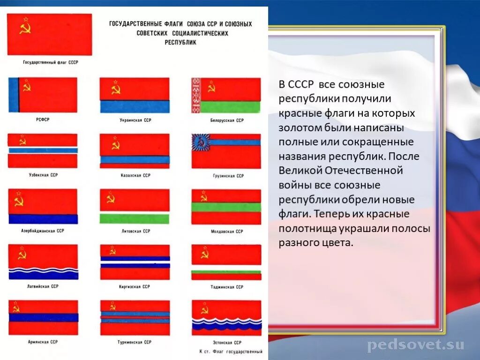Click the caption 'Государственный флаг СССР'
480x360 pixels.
tap(51, 62)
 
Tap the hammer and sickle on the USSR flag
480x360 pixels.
tap(24, 28)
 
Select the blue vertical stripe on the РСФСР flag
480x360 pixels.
tap(13, 95)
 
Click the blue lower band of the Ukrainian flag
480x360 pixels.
tap(134, 106)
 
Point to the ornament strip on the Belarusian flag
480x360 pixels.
tap(196, 95)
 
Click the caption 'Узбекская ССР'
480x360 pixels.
tap(43, 175)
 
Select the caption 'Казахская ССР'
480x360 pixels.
tap(135, 175)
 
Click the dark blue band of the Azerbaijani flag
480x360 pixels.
tap(43, 219)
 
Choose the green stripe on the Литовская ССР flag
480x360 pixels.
tap(135, 218)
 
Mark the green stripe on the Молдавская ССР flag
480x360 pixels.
tap(226, 207)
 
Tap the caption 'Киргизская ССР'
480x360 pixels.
tap(135, 286)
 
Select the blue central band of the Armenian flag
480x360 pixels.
tap(43, 317)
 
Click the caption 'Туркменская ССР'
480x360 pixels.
tap(135, 342)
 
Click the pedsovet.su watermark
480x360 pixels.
tap(416, 345)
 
